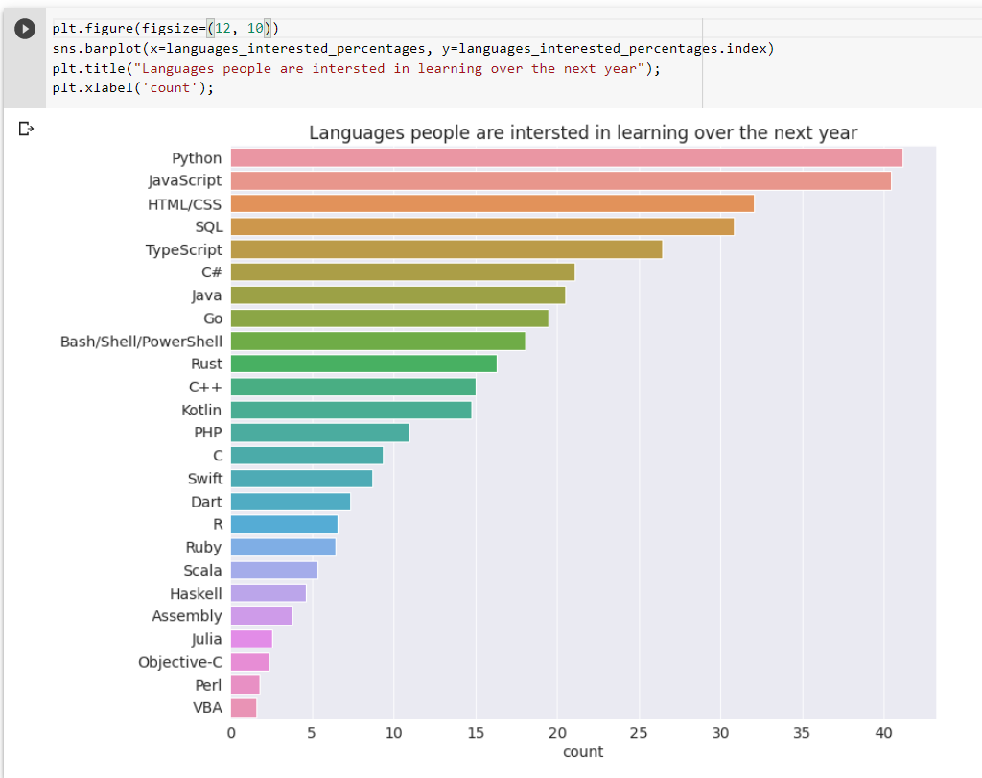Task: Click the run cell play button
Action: pos(25,30)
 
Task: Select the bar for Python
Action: pos(566,158)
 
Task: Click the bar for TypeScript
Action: pos(446,249)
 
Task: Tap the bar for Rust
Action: pos(363,364)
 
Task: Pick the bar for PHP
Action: pos(319,433)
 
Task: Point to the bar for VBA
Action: pos(244,708)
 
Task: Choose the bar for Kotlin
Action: pos(351,410)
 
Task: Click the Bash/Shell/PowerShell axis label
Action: pos(141,342)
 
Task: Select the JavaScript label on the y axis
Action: pos(185,180)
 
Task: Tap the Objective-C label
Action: pos(179,662)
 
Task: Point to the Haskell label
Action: pos(196,593)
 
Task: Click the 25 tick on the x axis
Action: pos(639,734)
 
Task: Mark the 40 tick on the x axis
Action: pos(883,734)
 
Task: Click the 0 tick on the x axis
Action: pos(231,734)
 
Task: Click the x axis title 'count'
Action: pos(583,752)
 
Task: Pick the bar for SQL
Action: pos(481,226)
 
